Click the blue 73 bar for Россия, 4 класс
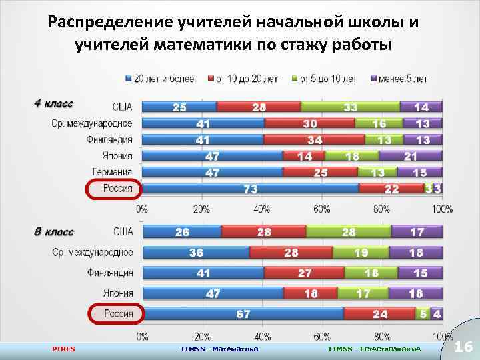pos(251,189)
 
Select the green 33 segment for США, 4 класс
pos(350,107)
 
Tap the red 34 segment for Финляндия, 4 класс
pos(315,139)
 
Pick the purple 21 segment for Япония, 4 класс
pos(411,156)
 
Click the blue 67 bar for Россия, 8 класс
pos(243,313)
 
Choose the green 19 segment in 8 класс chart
pos(361,253)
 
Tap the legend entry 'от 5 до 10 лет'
pos(327,79)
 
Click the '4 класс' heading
pos(54,103)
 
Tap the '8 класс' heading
pos(54,232)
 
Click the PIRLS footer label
pos(64,349)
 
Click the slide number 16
pos(463,347)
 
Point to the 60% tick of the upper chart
pos(321,209)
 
